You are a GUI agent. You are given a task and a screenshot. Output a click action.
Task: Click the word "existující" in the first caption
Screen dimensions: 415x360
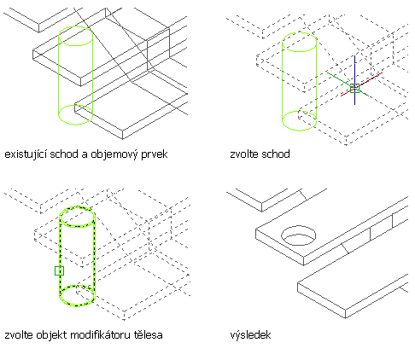tap(26, 154)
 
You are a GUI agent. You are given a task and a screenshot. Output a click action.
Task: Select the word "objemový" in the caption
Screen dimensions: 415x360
tap(113, 154)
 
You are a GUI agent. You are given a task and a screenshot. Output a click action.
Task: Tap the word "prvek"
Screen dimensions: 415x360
tap(154, 154)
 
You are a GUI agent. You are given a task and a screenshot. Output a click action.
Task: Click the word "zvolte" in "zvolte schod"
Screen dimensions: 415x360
tap(244, 154)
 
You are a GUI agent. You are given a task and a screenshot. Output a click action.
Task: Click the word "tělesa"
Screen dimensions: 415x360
tap(149, 335)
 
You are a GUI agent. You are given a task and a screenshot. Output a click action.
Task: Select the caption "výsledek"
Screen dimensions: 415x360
tap(250, 335)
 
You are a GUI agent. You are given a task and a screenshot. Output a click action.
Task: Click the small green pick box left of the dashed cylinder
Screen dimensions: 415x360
tap(59, 270)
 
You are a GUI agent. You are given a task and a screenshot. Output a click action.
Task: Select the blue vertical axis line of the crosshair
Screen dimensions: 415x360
tap(354, 80)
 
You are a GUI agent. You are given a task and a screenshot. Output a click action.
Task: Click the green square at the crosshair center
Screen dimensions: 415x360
tap(354, 89)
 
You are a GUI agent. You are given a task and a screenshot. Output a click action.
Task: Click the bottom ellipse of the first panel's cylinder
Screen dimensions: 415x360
tap(75, 125)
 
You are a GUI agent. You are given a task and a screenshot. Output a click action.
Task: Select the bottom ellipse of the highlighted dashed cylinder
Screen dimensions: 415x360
tap(77, 305)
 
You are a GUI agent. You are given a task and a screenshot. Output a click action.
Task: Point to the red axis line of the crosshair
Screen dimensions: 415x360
tap(361, 84)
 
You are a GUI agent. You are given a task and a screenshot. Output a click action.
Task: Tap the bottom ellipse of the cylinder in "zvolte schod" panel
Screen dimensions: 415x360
tap(299, 131)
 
